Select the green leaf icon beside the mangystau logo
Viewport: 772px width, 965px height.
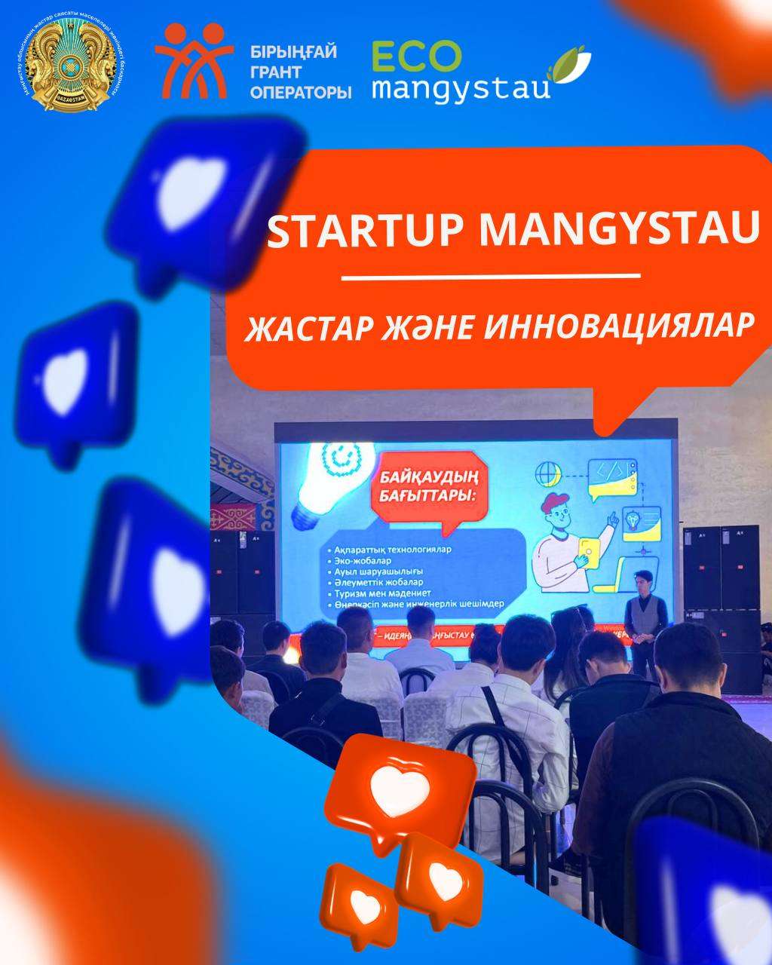571,65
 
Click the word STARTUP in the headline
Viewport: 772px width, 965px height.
368,230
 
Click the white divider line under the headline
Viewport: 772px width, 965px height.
490,277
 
